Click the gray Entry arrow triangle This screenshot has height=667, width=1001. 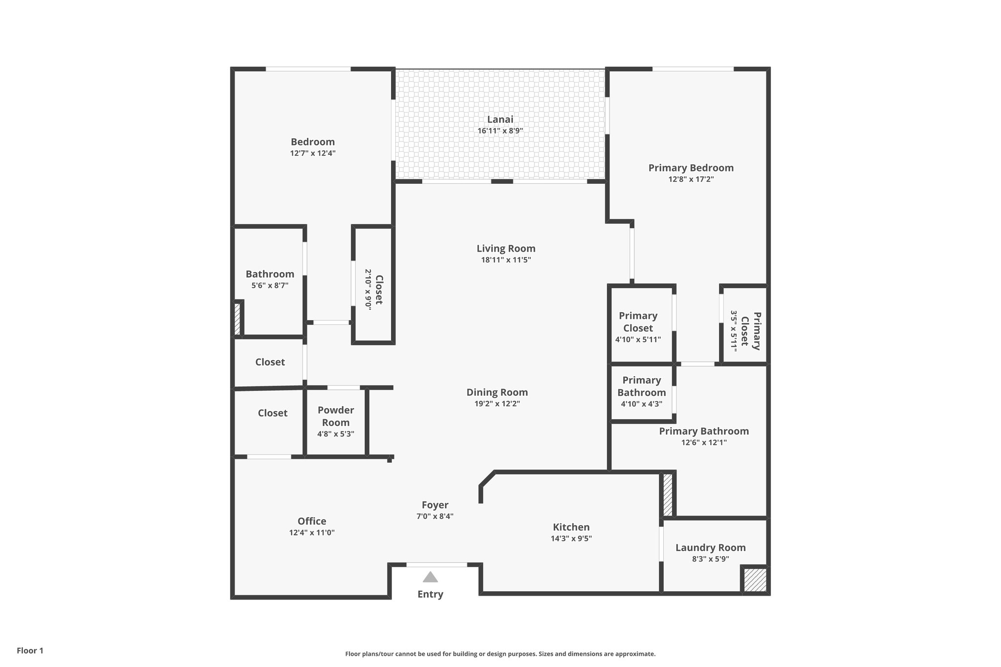(430, 577)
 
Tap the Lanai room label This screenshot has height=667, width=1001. (500, 119)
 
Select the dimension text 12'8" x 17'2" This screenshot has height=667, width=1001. (691, 179)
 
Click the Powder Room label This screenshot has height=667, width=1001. (336, 416)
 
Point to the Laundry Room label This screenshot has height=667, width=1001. (710, 547)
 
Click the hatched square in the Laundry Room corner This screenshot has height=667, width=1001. (755, 580)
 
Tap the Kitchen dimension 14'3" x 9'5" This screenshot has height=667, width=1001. (571, 538)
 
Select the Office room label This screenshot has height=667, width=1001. (312, 521)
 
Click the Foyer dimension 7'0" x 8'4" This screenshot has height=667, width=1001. (435, 516)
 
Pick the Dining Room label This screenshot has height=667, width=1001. (497, 392)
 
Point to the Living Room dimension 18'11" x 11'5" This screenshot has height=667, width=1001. (506, 260)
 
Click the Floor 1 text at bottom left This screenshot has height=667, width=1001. (30, 650)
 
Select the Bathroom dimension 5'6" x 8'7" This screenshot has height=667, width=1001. (270, 285)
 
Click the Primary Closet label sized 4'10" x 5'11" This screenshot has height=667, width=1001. (638, 322)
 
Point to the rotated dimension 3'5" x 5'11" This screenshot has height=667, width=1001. (733, 330)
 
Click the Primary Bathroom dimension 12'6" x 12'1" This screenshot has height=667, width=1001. (704, 443)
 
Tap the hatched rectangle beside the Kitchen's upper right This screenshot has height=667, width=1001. (667, 494)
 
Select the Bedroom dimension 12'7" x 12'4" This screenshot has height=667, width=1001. (313, 153)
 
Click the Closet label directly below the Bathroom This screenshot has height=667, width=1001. (270, 362)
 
